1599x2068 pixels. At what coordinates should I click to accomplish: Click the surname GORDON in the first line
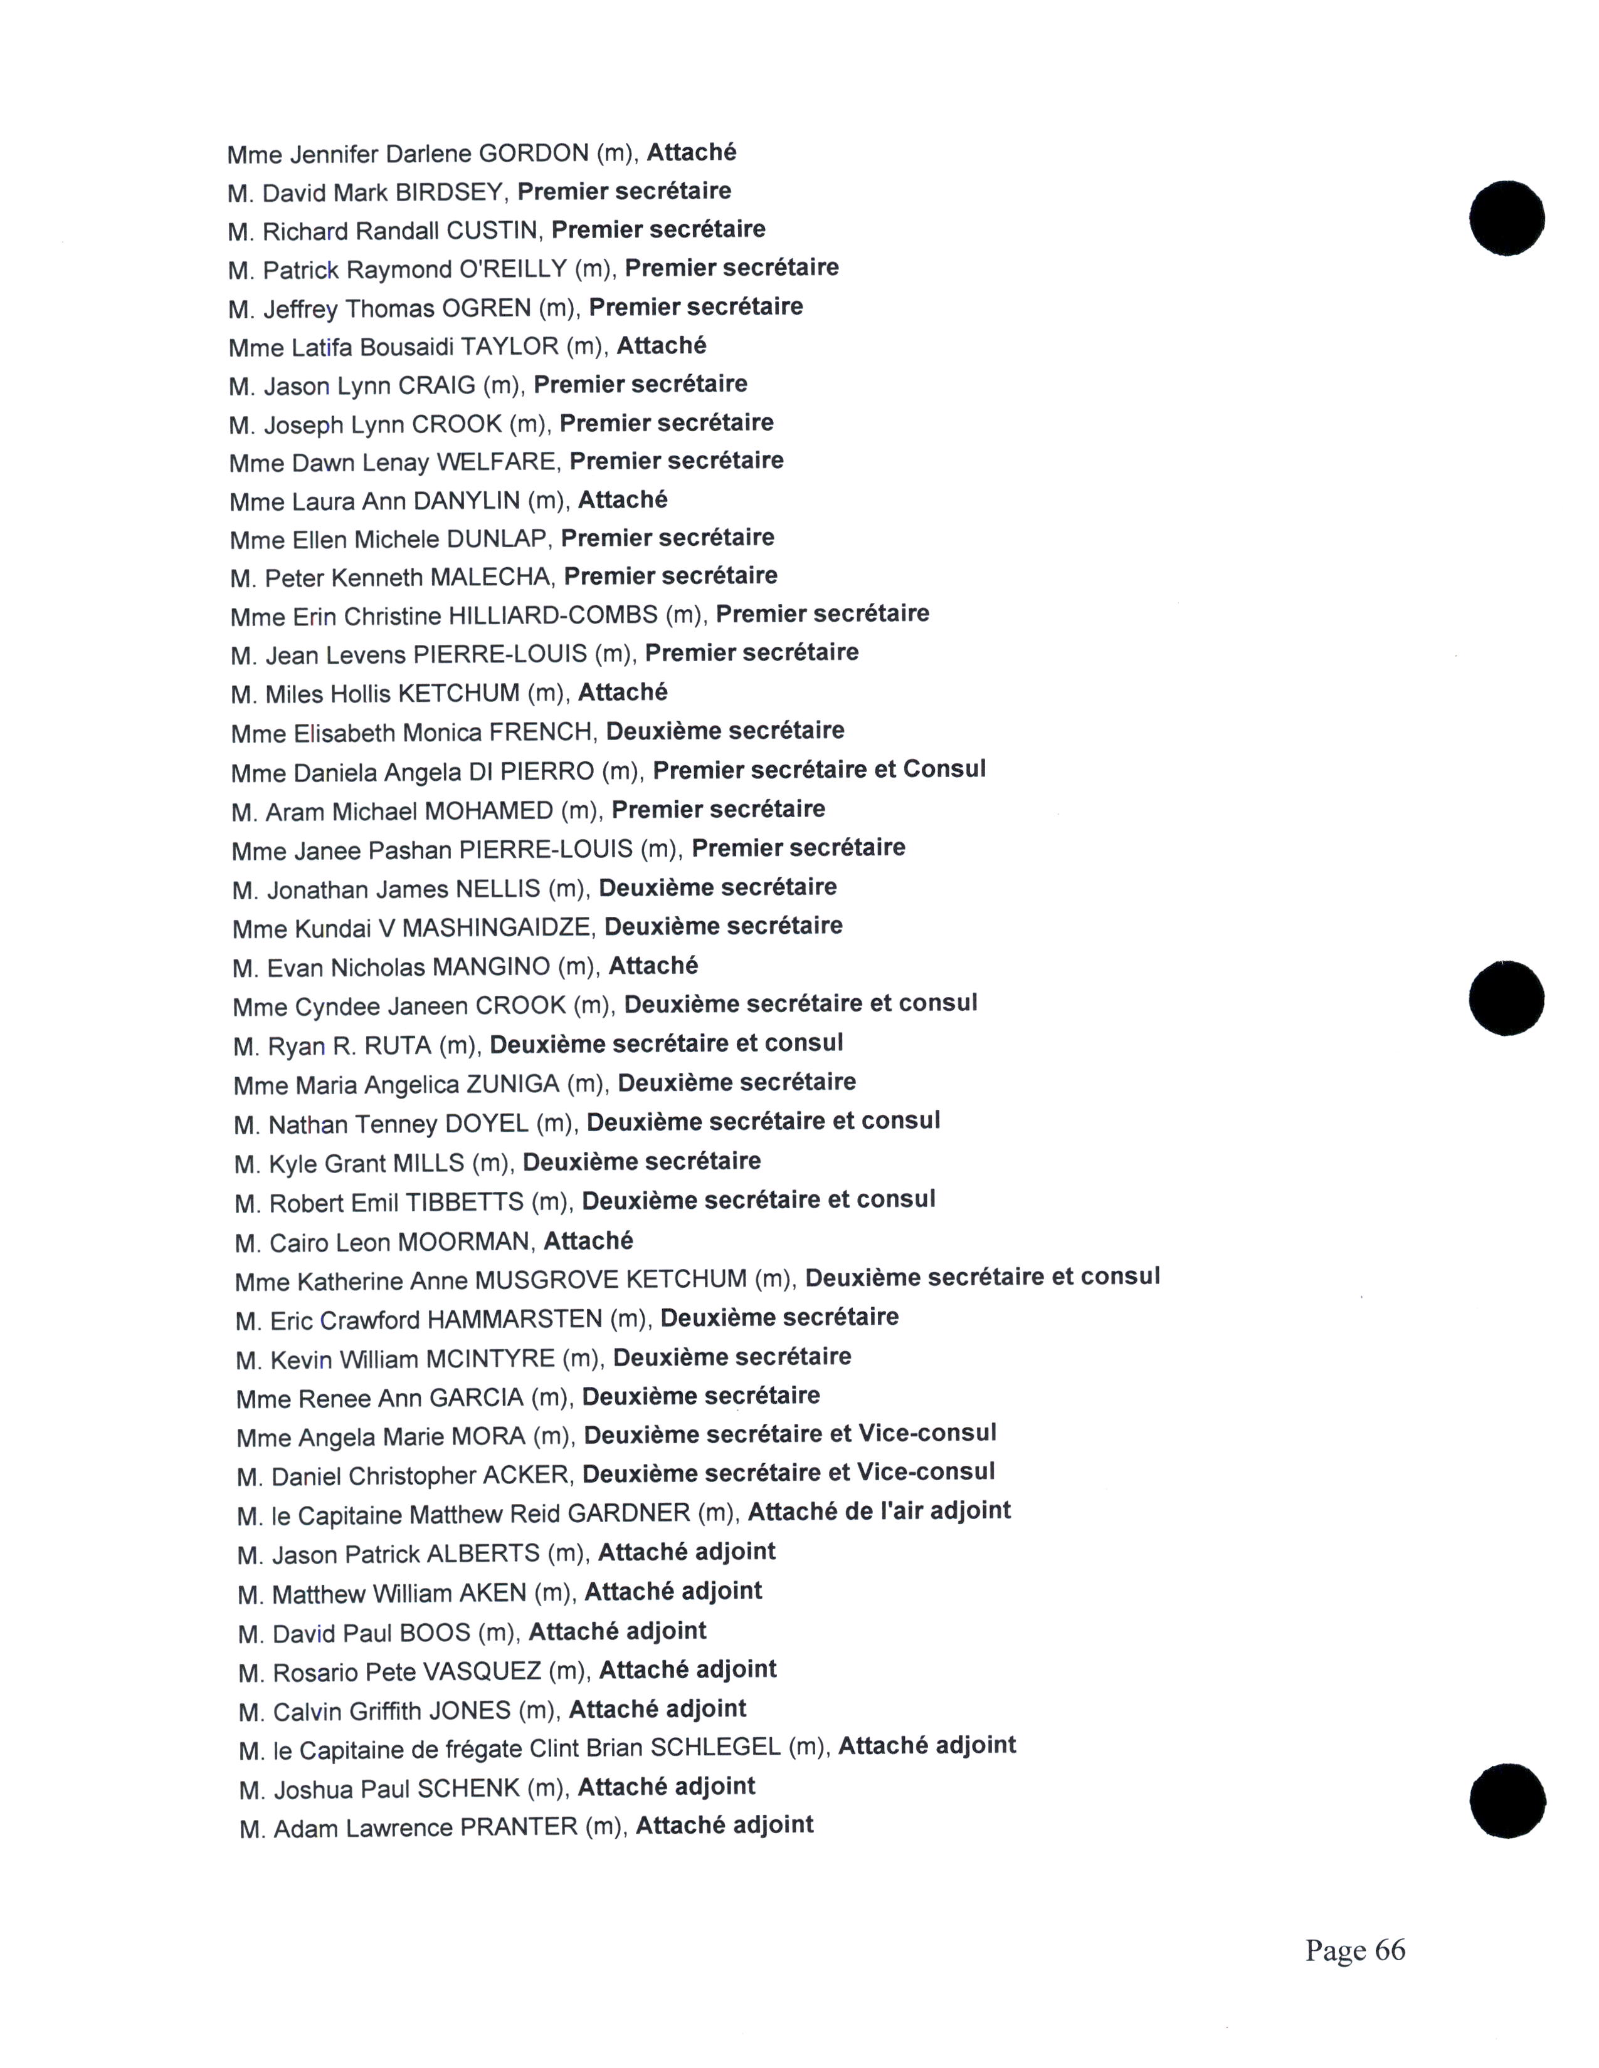coord(534,154)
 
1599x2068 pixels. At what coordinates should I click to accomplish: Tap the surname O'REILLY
coord(512,270)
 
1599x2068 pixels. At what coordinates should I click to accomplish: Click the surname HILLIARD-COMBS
coord(552,617)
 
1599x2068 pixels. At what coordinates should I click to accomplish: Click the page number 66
coord(1390,1950)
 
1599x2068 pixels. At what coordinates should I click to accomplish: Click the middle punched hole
coord(1506,998)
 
